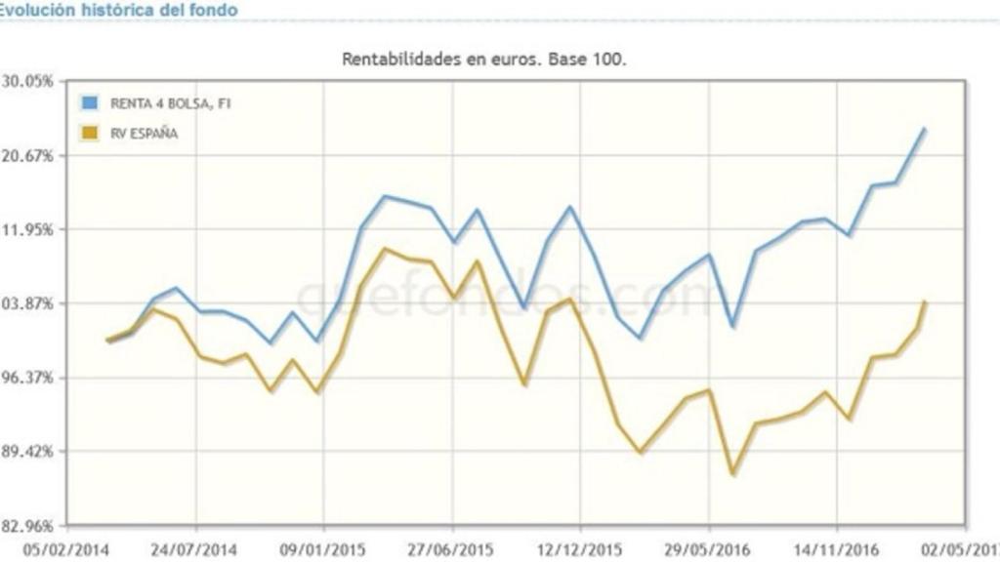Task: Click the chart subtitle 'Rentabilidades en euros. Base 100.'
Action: click(484, 59)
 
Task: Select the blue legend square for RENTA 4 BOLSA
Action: click(91, 102)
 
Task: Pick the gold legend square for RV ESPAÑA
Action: click(91, 133)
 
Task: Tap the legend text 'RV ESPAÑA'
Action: click(144, 134)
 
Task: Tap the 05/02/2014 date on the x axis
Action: click(66, 549)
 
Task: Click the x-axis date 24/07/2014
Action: click(195, 549)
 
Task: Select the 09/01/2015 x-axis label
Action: click(323, 549)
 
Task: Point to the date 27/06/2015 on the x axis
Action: click(451, 549)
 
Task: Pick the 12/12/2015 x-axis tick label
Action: click(579, 549)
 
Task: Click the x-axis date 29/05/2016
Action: click(708, 549)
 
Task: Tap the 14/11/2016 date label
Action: click(836, 549)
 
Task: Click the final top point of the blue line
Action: click(924, 129)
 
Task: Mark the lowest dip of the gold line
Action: click(732, 474)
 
